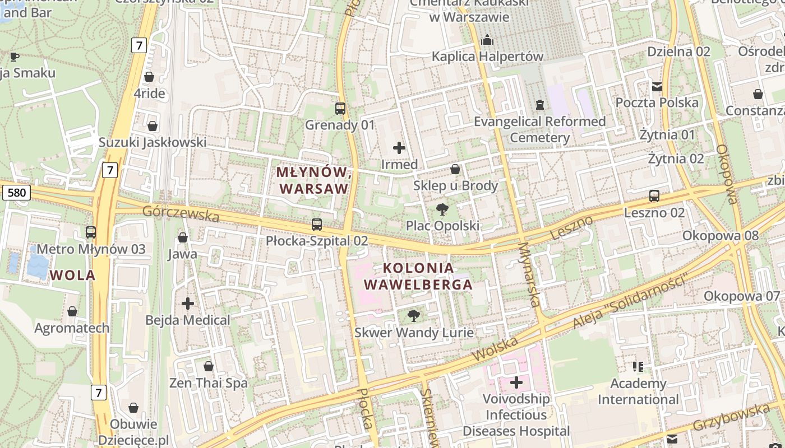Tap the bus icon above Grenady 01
pyautogui.click(x=340, y=109)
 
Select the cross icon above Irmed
pyautogui.click(x=399, y=148)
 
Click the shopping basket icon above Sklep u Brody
pyautogui.click(x=455, y=169)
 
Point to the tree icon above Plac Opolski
pyautogui.click(x=442, y=210)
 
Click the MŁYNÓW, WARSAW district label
pyautogui.click(x=315, y=180)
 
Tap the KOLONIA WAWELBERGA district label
pyautogui.click(x=418, y=276)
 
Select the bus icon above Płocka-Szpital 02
pyautogui.click(x=317, y=225)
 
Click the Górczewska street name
pyautogui.click(x=180, y=213)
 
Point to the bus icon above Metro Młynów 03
pyautogui.click(x=91, y=232)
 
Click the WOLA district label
pyautogui.click(x=72, y=275)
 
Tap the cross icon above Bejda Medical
pyautogui.click(x=188, y=304)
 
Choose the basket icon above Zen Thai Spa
pyautogui.click(x=209, y=367)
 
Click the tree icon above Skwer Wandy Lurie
pyautogui.click(x=414, y=316)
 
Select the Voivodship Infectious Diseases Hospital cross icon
pyautogui.click(x=516, y=383)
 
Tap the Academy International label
pyautogui.click(x=638, y=391)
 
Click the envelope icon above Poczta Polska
pyautogui.click(x=657, y=87)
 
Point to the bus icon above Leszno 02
pyautogui.click(x=654, y=196)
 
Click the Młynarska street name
pyautogui.click(x=529, y=274)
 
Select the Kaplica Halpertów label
pyautogui.click(x=487, y=57)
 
